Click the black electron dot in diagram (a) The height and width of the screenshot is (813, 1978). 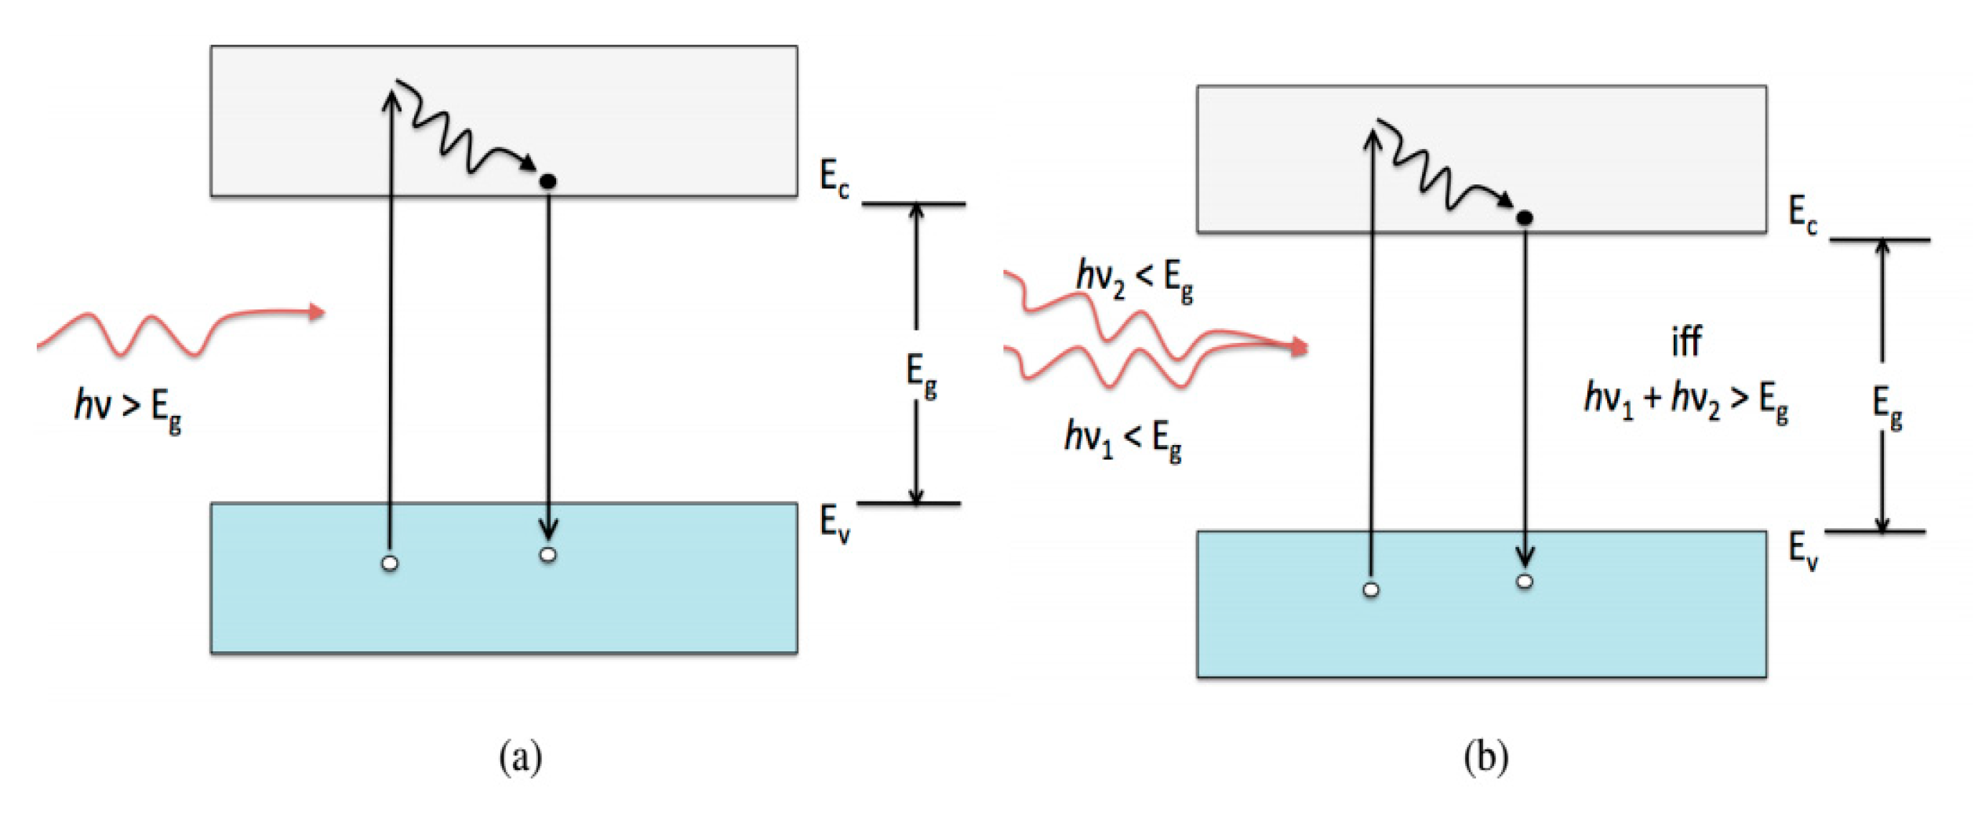click(548, 181)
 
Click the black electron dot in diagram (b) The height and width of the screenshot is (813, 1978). click(1524, 218)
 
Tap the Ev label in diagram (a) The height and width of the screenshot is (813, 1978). click(834, 523)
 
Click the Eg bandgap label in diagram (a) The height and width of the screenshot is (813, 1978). click(921, 376)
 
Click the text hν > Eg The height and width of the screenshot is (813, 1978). click(128, 410)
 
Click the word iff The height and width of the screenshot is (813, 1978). click(1685, 342)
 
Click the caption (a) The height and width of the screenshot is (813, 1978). click(520, 758)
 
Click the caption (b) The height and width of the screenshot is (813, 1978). click(1485, 758)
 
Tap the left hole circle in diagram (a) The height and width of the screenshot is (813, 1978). click(389, 563)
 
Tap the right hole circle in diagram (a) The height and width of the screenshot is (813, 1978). click(548, 556)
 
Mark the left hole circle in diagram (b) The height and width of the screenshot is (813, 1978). click(1371, 590)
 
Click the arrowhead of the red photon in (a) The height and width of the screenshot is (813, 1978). click(317, 312)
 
